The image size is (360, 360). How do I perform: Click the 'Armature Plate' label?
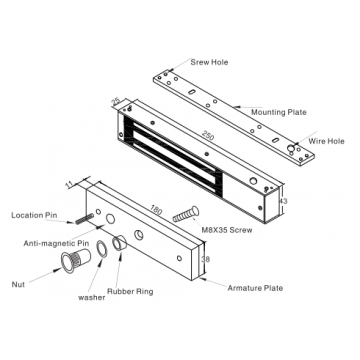[256, 288]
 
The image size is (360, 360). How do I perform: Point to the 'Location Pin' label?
[33, 215]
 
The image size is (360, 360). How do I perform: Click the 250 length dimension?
[206, 134]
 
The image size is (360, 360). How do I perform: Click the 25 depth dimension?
[116, 100]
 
